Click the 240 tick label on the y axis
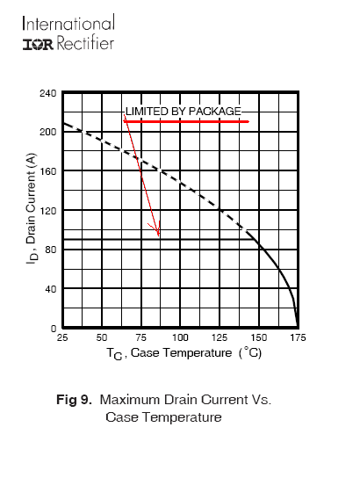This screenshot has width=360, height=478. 47,93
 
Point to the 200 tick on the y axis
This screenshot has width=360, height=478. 47,132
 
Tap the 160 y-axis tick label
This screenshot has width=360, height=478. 47,171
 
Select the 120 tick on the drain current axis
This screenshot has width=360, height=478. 47,211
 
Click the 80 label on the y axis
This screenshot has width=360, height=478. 51,250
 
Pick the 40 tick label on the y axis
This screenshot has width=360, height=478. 51,289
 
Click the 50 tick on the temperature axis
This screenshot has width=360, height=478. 102,337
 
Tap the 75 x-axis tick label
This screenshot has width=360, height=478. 141,337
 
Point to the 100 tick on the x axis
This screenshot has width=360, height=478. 180,337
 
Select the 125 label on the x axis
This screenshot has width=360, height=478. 220,337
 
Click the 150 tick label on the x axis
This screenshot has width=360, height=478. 259,337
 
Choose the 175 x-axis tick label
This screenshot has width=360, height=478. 298,337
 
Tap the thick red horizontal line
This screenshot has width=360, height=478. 186,121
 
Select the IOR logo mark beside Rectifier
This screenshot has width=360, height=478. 38,45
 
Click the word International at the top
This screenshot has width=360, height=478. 68,24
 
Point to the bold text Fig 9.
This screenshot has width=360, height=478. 74,399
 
